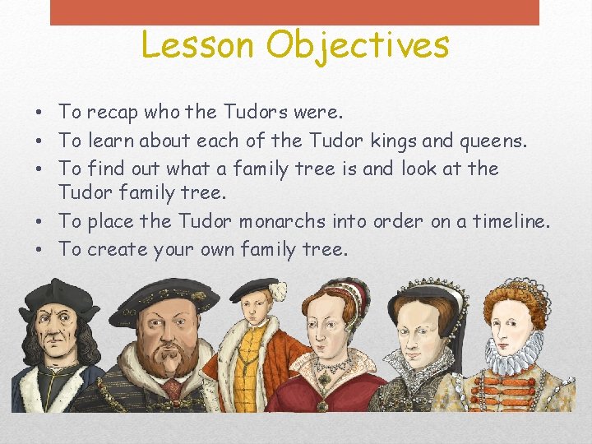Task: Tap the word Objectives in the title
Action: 358,46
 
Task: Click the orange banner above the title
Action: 294,12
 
